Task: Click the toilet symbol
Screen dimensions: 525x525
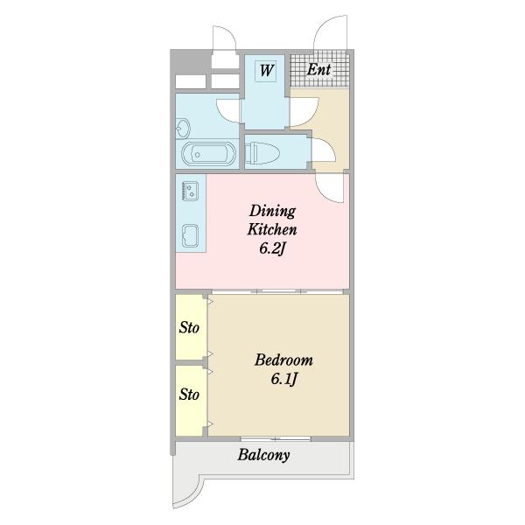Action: point(262,152)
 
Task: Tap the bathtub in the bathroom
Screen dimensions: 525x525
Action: point(208,154)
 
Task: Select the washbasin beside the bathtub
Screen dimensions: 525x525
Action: point(183,129)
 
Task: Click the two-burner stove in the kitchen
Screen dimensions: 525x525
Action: point(190,191)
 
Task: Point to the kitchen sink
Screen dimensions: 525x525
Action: point(190,235)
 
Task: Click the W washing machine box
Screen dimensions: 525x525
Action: point(266,71)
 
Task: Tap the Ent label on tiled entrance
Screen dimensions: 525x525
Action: point(318,70)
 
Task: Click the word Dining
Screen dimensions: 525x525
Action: point(272,211)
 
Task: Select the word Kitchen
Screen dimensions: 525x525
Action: point(272,229)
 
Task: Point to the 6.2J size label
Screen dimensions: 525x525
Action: point(272,248)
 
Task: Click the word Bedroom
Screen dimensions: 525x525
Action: point(283,360)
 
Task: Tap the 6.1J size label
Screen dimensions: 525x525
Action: point(283,379)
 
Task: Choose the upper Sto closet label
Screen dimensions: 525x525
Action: point(189,327)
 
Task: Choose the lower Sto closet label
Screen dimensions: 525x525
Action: point(189,394)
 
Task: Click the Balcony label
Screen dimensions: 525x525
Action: point(263,455)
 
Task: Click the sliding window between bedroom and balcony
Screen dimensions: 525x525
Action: point(276,438)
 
